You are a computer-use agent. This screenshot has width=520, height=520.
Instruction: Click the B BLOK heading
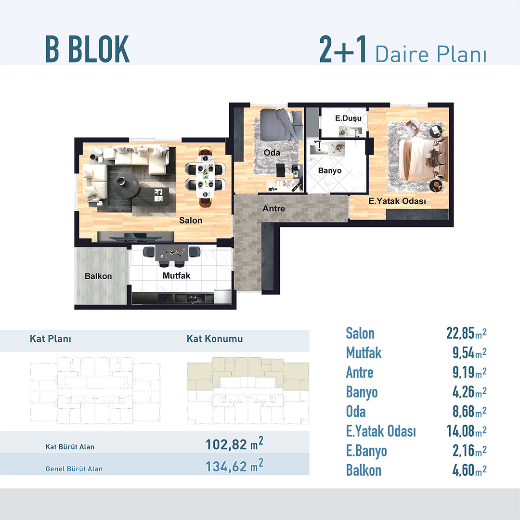click(87, 49)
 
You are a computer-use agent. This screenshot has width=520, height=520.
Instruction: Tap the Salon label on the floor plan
click(191, 221)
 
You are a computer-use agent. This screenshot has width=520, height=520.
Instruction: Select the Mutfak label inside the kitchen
click(176, 275)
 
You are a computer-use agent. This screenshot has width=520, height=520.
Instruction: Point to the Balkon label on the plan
click(98, 276)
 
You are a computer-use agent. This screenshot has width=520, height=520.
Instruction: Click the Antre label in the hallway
click(273, 208)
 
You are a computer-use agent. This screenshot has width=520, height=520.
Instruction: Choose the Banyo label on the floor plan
click(330, 170)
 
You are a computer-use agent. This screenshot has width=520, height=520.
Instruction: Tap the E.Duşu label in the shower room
click(348, 118)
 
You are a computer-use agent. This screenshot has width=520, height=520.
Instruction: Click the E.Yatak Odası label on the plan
click(397, 201)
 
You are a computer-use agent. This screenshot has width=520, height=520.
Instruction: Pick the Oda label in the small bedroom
click(272, 153)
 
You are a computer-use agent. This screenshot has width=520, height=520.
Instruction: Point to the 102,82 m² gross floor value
click(234, 444)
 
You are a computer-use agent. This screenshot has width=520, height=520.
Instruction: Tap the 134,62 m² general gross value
click(234, 466)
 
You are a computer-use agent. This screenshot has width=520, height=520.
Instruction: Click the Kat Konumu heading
click(215, 338)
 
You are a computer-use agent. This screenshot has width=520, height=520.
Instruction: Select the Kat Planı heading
click(51, 338)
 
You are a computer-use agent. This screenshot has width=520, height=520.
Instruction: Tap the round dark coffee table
click(126, 185)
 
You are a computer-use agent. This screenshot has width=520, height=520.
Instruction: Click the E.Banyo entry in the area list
click(366, 451)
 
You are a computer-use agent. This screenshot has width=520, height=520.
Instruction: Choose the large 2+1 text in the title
click(343, 49)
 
